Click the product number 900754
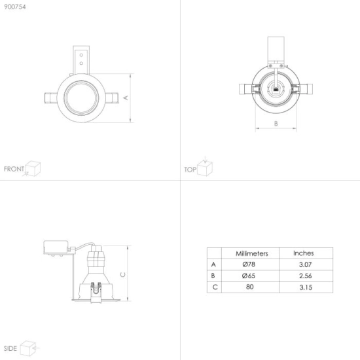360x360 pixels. tap(15, 7)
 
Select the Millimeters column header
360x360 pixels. tap(252, 253)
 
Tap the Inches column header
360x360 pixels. tap(304, 253)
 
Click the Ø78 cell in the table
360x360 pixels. tap(249, 264)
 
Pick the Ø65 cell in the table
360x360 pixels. tap(249, 276)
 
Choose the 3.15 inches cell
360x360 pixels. tap(306, 287)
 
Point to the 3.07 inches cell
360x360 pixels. tap(306, 264)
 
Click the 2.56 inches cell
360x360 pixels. tap(306, 276)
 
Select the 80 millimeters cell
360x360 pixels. tap(249, 287)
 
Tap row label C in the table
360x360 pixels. tap(215, 287)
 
